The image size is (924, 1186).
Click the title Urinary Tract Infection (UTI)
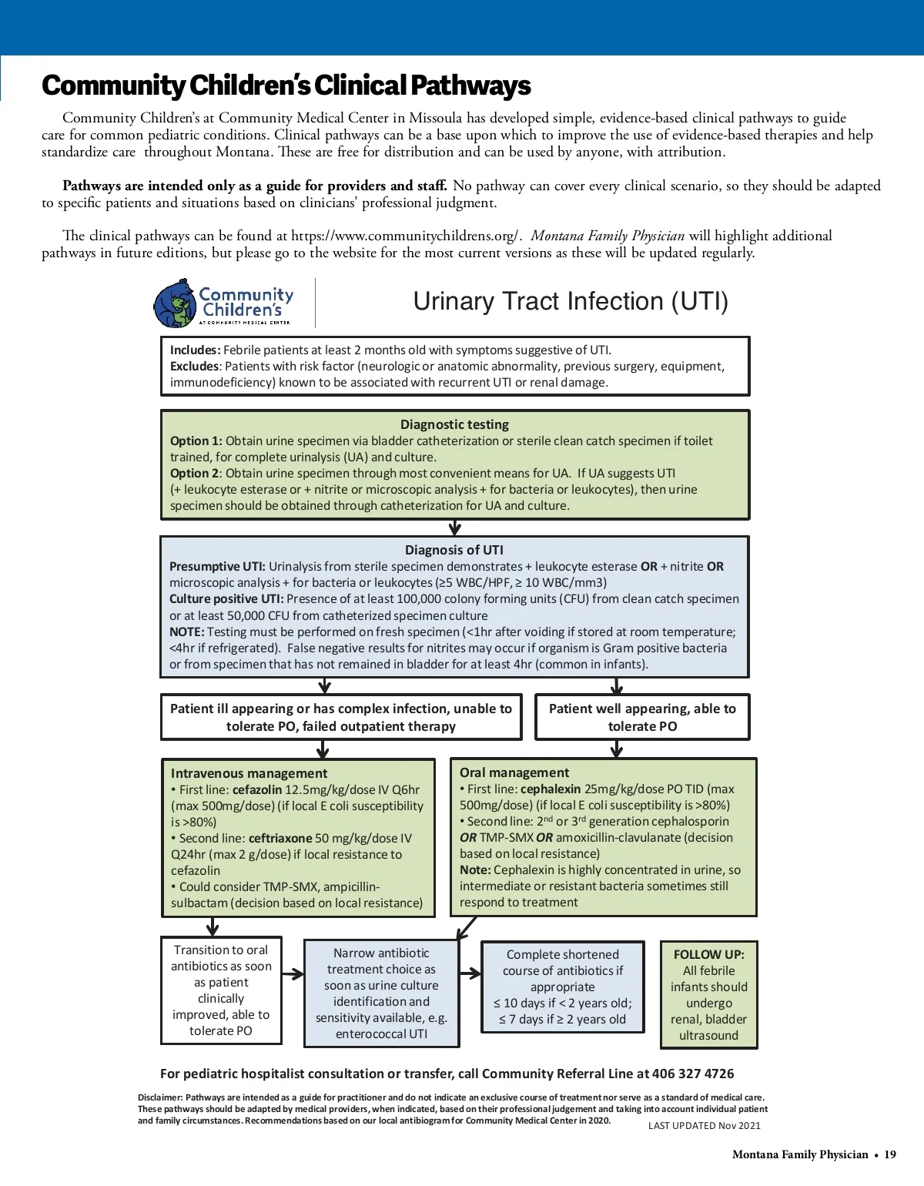(x=571, y=301)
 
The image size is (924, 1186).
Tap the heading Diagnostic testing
(x=454, y=424)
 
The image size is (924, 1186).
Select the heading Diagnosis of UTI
(x=454, y=550)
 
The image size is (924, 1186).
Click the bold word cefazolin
(x=257, y=789)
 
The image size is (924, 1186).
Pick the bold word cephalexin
(x=551, y=789)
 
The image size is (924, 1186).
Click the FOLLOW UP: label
(x=708, y=954)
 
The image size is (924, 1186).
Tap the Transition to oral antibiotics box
(x=221, y=990)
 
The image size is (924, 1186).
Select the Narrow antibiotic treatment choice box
(x=381, y=993)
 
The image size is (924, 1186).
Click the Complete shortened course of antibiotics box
(x=562, y=987)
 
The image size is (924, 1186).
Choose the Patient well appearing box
(x=642, y=717)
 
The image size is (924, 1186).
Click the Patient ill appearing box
(x=340, y=717)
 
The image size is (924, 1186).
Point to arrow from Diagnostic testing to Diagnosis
(x=455, y=528)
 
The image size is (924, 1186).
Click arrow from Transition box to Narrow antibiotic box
(x=293, y=974)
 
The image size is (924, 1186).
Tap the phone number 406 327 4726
(x=693, y=1074)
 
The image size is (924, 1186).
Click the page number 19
(x=890, y=1154)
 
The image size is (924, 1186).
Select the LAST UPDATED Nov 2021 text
(x=704, y=1125)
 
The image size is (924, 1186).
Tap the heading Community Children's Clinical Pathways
(x=286, y=85)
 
